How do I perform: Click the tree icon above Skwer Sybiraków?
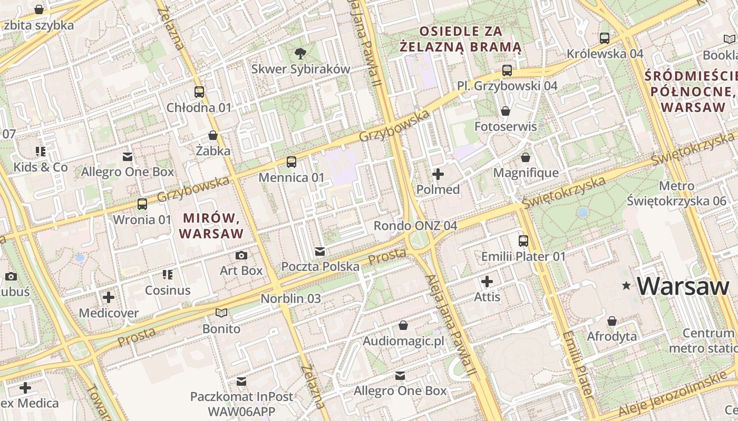[x=300, y=53]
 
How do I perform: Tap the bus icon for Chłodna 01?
[x=199, y=92]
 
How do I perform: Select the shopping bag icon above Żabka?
[x=213, y=135]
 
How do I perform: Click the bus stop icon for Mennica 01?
[x=292, y=162]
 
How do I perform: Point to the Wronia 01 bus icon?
[x=142, y=204]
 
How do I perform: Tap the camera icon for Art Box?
[x=241, y=255]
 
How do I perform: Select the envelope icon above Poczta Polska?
[x=320, y=251]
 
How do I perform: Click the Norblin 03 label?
[x=290, y=298]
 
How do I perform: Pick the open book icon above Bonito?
[x=221, y=313]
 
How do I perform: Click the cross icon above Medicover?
[x=109, y=297]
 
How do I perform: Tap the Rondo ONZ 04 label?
[x=415, y=226]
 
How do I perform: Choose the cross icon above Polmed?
[x=438, y=174]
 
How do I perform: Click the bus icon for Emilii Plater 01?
[x=523, y=240]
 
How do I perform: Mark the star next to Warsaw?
[x=626, y=286]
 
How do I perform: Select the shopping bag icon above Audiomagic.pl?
[x=403, y=325]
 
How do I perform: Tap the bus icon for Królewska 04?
[x=605, y=38]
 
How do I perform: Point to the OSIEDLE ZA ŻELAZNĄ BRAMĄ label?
[x=460, y=39]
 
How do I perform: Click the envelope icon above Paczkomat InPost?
[x=241, y=380]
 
